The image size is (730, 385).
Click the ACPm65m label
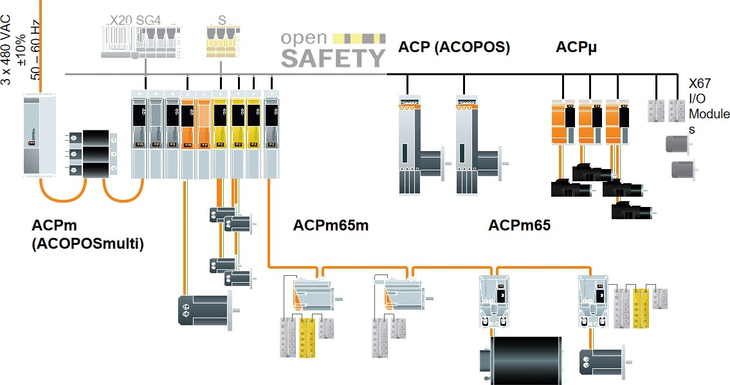[x=331, y=226]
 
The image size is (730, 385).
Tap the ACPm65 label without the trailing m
[x=519, y=226]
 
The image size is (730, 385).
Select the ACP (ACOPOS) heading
[x=454, y=47]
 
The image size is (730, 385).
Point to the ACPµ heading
[x=577, y=47]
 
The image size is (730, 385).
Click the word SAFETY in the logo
[x=333, y=58]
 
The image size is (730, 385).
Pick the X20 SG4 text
[x=134, y=19]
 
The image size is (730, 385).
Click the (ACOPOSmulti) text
[x=87, y=244]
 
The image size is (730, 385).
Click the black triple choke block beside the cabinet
[x=95, y=153]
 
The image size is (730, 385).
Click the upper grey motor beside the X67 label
[x=678, y=144]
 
